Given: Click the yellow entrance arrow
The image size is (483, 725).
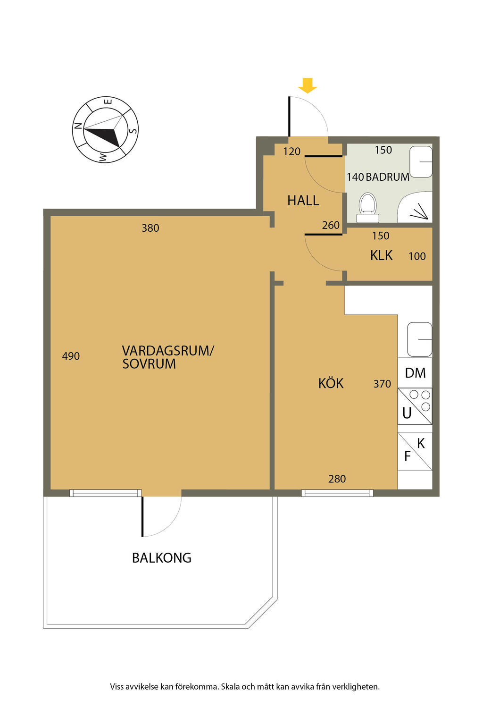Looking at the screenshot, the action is (x=308, y=85).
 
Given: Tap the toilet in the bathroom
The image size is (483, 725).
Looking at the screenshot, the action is (x=368, y=208).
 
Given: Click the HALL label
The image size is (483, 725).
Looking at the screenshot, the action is (x=303, y=201).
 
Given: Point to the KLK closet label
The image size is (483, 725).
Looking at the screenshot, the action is (x=382, y=255).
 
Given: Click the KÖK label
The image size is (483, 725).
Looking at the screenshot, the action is (x=331, y=383).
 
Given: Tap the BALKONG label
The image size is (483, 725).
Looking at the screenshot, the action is (x=162, y=557).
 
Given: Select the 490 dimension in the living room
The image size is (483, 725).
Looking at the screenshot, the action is (x=71, y=356).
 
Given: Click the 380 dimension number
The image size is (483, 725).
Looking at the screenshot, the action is (x=150, y=228).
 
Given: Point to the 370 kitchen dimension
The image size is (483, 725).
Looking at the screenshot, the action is (x=382, y=384).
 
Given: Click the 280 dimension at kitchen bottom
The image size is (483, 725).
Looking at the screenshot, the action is (x=337, y=479).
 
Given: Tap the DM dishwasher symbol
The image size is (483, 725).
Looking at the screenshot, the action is (x=415, y=373).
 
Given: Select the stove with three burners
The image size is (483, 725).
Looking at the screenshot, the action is (x=415, y=406).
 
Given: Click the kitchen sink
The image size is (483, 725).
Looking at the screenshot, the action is (x=420, y=339).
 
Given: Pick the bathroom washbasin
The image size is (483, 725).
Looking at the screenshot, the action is (x=421, y=161).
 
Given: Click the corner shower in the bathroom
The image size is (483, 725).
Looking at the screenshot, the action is (x=415, y=207).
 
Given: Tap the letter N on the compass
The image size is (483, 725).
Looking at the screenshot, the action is (x=78, y=126).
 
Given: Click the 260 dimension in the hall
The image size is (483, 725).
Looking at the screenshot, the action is (x=331, y=225).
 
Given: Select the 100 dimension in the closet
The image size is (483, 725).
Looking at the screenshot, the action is (x=417, y=256).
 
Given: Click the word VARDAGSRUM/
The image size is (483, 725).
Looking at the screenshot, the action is (x=168, y=351).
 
